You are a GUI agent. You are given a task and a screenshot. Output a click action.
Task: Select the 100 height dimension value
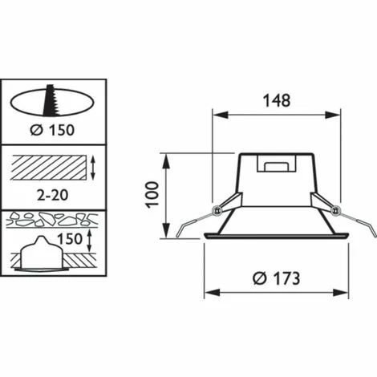(154, 193)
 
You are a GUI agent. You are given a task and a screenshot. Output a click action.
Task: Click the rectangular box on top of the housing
(274, 164)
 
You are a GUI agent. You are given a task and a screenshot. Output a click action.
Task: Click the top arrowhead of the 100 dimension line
(166, 156)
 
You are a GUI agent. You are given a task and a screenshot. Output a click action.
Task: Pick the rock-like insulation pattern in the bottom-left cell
(52, 217)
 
